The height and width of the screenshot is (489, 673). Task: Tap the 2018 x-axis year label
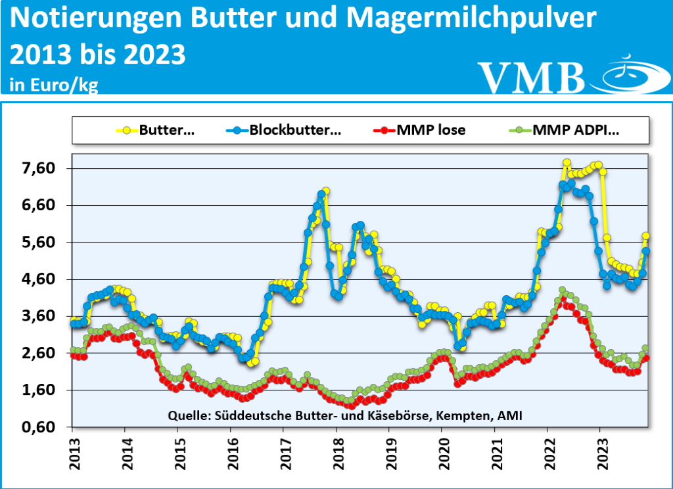point(336,454)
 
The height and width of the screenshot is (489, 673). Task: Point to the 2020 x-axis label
point(442,454)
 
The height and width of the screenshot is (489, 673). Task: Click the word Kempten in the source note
point(464,415)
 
